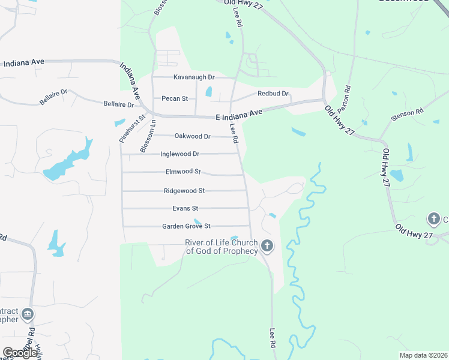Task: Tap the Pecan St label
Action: [175, 98]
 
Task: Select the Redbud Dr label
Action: [273, 94]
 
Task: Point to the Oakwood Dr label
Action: [192, 136]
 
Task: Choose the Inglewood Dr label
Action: [179, 154]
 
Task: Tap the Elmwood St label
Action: [183, 172]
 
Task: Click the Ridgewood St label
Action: [184, 191]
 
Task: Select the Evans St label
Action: [185, 208]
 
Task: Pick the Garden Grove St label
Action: [186, 226]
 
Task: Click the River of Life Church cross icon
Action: [267, 245]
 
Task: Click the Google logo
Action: [20, 352]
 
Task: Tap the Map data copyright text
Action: [423, 355]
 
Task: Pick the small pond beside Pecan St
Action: [209, 92]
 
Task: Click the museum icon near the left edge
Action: [27, 314]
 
